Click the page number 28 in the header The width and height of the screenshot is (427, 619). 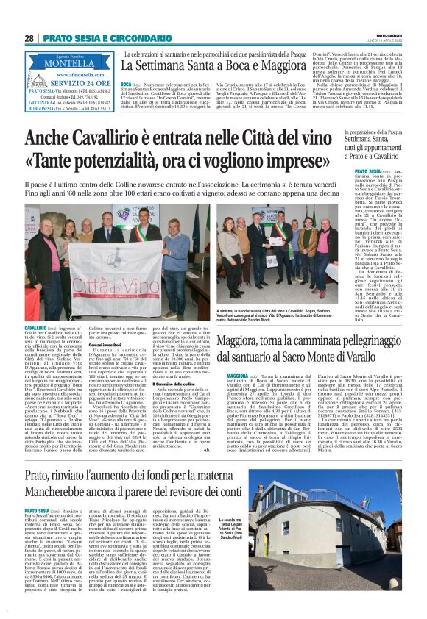pyautogui.click(x=29, y=38)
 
